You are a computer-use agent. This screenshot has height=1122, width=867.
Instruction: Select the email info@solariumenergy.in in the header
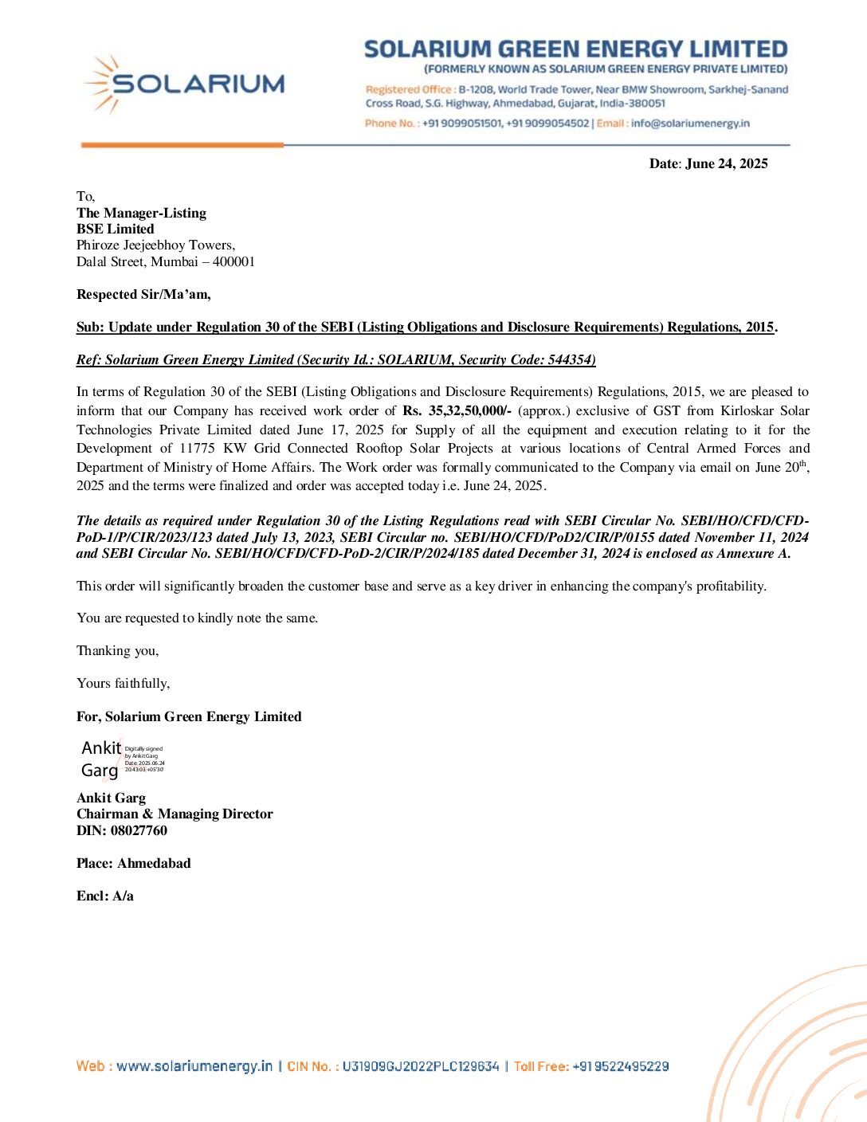pyautogui.click(x=690, y=124)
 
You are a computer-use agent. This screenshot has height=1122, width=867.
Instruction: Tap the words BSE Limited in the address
pyautogui.click(x=116, y=229)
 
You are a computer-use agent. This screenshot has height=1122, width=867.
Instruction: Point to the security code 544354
pyautogui.click(x=571, y=359)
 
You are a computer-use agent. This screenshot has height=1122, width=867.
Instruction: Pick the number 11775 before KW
pyautogui.click(x=197, y=448)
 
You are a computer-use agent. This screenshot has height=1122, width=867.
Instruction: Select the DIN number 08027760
pyautogui.click(x=139, y=830)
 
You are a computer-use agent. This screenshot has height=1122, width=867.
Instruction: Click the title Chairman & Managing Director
pyautogui.click(x=175, y=814)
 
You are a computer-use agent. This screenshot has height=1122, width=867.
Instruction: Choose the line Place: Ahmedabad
pyautogui.click(x=134, y=863)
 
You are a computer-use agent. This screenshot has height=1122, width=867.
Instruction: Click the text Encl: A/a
pyautogui.click(x=105, y=896)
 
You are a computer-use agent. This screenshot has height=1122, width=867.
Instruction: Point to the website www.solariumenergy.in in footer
pyautogui.click(x=194, y=1066)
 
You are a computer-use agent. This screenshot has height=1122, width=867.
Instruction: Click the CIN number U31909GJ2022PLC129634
pyautogui.click(x=421, y=1066)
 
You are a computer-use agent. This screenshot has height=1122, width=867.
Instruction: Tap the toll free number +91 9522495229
pyautogui.click(x=620, y=1066)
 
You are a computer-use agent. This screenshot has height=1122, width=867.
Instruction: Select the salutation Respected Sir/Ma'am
pyautogui.click(x=143, y=294)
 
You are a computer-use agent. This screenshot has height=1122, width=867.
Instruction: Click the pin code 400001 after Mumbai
pyautogui.click(x=233, y=261)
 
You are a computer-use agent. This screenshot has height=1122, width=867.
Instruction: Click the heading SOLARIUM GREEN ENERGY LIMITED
pyautogui.click(x=575, y=49)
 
